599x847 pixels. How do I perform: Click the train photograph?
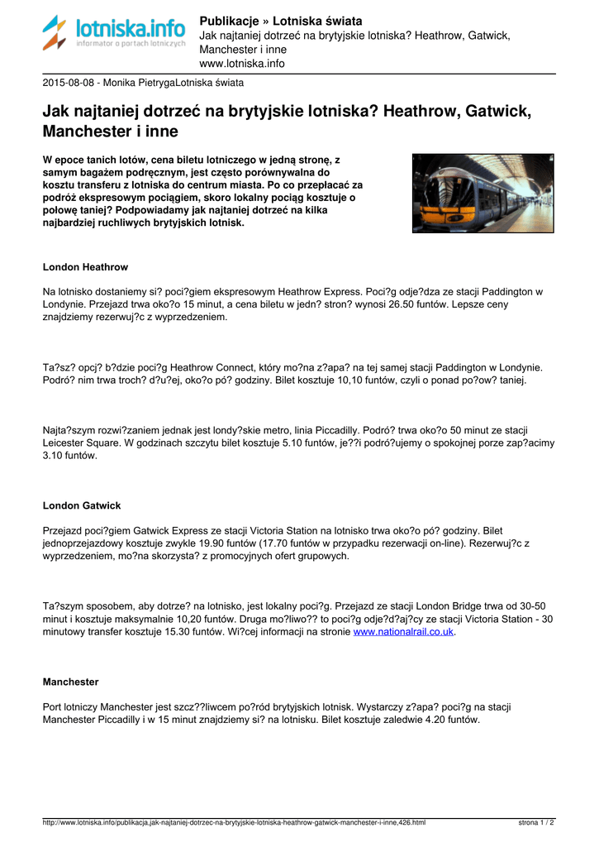[483, 193]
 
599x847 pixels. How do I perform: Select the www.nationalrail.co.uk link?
[404, 632]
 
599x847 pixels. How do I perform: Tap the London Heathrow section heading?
[85, 267]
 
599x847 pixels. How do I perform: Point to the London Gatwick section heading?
[82, 505]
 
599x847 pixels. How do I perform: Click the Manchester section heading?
[70, 682]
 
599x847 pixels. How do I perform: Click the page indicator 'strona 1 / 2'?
[536, 823]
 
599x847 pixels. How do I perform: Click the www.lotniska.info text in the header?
[242, 63]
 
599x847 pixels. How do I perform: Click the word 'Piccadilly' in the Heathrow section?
[330, 430]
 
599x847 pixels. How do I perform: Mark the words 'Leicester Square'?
[82, 443]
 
